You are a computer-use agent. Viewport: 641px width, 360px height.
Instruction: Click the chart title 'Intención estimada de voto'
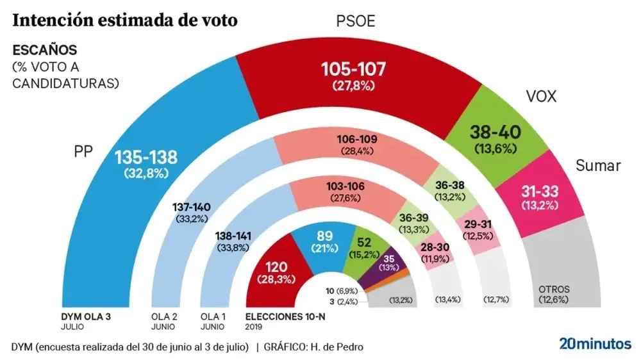pyautogui.click(x=125, y=20)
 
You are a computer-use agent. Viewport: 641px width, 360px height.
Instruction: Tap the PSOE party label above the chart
pyautogui.click(x=356, y=22)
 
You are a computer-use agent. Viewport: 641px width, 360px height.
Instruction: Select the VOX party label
pyautogui.click(x=541, y=97)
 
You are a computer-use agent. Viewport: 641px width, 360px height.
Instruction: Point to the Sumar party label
pyautogui.click(x=598, y=166)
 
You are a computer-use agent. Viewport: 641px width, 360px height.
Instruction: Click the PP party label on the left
pyautogui.click(x=83, y=151)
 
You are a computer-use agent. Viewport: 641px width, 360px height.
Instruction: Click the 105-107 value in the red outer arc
pyautogui.click(x=353, y=70)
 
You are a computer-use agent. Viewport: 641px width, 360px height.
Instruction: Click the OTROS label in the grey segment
pyautogui.click(x=554, y=289)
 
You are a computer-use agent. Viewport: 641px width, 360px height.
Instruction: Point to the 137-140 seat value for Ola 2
pyautogui.click(x=192, y=207)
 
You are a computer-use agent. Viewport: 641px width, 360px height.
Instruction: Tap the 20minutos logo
pyautogui.click(x=595, y=343)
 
